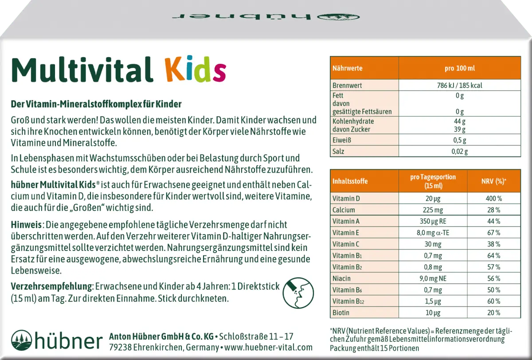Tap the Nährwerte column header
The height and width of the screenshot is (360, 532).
pyautogui.click(x=347, y=68)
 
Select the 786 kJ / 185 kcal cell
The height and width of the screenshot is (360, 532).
pyautogui.click(x=459, y=85)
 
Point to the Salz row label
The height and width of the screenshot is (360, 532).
pyautogui.click(x=339, y=151)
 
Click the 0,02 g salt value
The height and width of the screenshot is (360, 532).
pyautogui.click(x=459, y=151)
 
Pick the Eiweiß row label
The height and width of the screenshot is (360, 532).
pyautogui.click(x=341, y=140)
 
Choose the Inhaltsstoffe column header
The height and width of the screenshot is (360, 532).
pyautogui.click(x=350, y=181)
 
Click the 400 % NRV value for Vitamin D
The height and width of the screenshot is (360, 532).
pyautogui.click(x=493, y=198)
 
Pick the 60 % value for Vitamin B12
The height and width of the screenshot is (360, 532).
pyautogui.click(x=493, y=301)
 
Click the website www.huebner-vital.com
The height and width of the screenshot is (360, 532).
pyautogui.click(x=268, y=348)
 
